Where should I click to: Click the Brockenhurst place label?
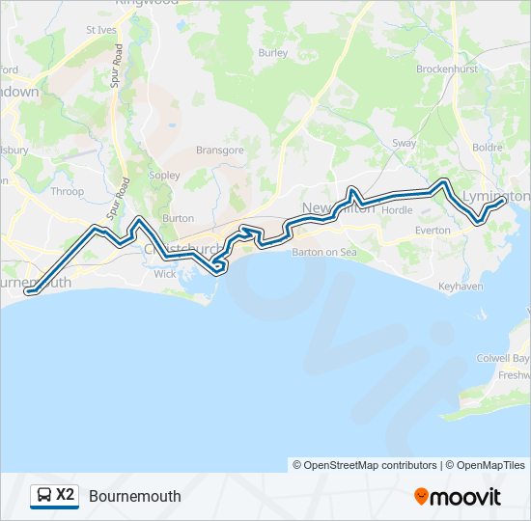tap(448, 69)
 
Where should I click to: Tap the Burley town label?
tap(273, 53)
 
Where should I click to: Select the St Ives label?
tap(100, 30)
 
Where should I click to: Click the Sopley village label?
tap(164, 177)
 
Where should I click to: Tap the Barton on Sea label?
tap(324, 252)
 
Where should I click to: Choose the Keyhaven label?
tap(460, 288)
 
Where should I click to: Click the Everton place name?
tap(433, 231)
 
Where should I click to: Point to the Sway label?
tap(404, 144)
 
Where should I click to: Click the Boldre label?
tap(489, 148)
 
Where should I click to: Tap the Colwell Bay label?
tap(503, 356)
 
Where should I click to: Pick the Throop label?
tap(68, 192)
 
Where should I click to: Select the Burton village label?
tap(179, 219)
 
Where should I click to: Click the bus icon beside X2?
tap(43, 496)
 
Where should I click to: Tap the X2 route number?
tap(66, 495)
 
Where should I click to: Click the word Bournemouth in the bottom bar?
tap(135, 496)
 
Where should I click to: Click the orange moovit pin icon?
tap(421, 496)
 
